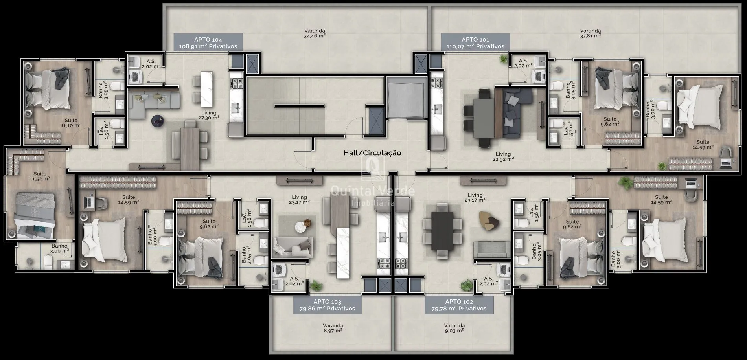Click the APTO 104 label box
(x=208, y=42)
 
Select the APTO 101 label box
(x=475, y=42)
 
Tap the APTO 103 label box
(x=327, y=305)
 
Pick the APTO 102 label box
(x=459, y=305)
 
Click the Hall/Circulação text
(x=372, y=153)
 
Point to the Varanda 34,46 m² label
(x=315, y=33)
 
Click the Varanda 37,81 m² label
(x=590, y=33)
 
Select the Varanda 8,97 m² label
(x=333, y=328)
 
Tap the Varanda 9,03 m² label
(x=454, y=328)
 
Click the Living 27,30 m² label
(x=209, y=115)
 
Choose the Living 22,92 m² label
(x=503, y=156)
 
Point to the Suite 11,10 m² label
(x=71, y=123)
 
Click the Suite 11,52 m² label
(x=40, y=176)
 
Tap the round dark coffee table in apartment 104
(x=158, y=121)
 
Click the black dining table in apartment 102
(x=442, y=231)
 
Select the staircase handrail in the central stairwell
(x=299, y=106)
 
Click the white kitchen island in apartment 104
(x=206, y=89)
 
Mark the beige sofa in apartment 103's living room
(x=293, y=247)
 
